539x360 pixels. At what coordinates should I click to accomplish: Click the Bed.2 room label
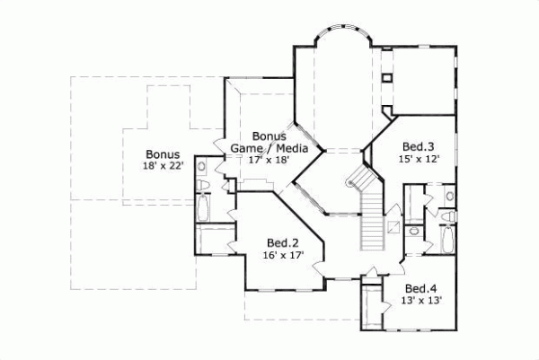point(282,242)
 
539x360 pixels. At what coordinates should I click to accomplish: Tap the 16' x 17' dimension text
point(282,255)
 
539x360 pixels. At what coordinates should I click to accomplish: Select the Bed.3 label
point(418,146)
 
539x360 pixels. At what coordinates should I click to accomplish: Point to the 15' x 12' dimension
point(418,159)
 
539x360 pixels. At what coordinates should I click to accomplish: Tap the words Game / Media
point(269,148)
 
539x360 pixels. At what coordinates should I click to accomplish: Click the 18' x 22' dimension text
point(163,166)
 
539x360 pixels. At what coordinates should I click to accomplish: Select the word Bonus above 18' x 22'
point(163,154)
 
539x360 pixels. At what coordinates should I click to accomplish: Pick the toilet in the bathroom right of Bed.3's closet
point(447,195)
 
